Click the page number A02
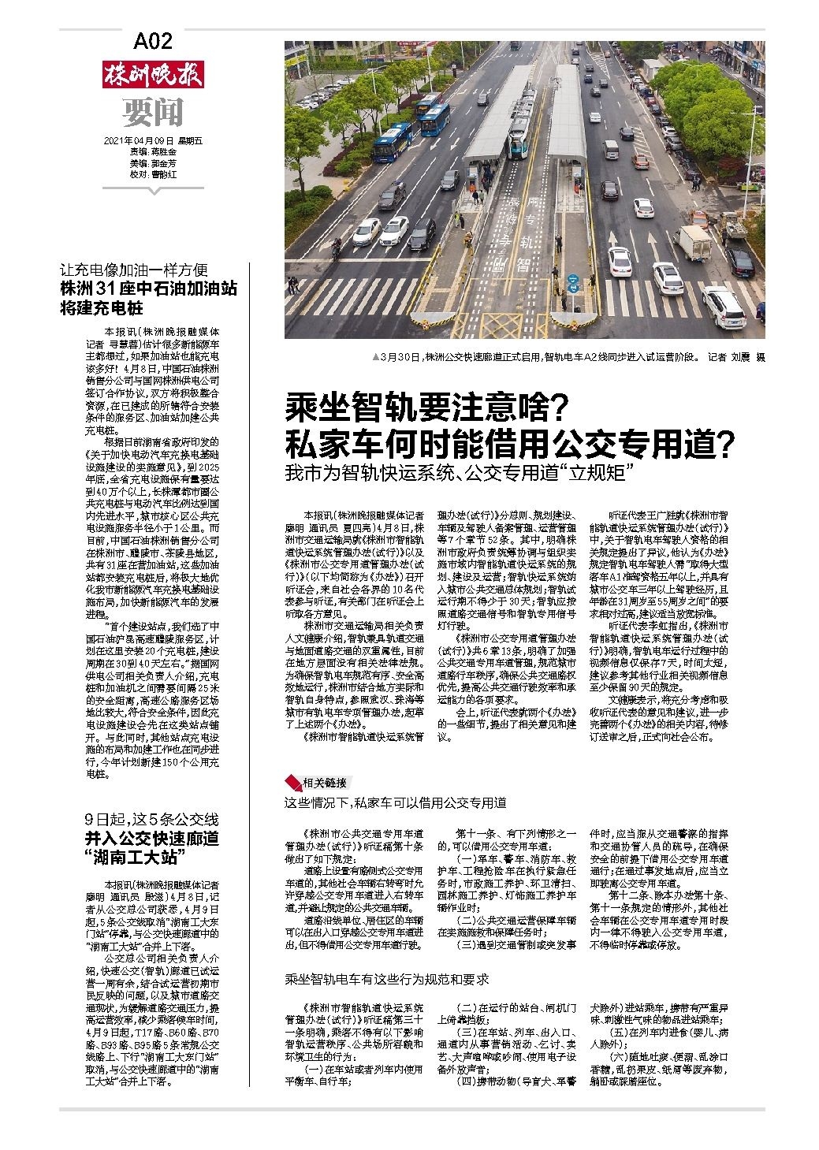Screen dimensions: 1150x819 (x=153, y=40)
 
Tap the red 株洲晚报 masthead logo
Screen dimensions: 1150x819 (x=152, y=75)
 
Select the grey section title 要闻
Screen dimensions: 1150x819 (x=152, y=113)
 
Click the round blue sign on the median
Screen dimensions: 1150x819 (x=573, y=279)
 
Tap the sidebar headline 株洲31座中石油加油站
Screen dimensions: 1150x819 (x=149, y=288)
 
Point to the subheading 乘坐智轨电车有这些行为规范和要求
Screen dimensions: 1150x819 (x=387, y=979)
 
